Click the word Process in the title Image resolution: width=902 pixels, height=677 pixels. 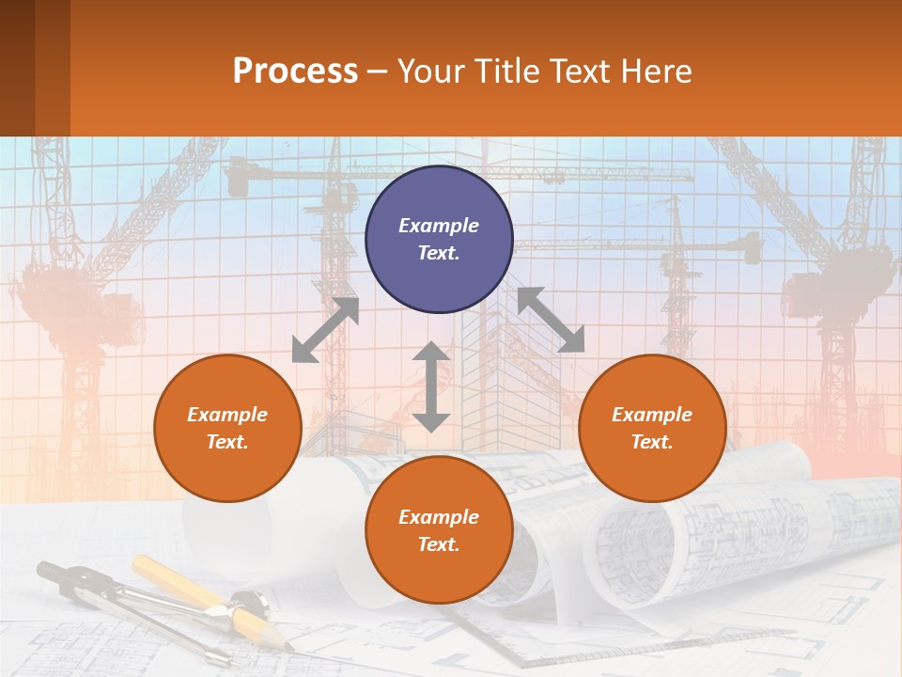click(295, 71)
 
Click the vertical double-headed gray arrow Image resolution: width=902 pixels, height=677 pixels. click(431, 386)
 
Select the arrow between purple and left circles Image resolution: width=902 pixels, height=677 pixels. click(325, 330)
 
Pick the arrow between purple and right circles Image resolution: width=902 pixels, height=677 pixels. click(551, 320)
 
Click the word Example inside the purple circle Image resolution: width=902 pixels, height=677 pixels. click(439, 226)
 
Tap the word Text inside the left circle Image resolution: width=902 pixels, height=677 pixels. click(227, 442)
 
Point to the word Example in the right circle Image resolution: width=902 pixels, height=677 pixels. click(652, 415)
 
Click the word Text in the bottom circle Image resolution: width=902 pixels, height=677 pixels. click(439, 544)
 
